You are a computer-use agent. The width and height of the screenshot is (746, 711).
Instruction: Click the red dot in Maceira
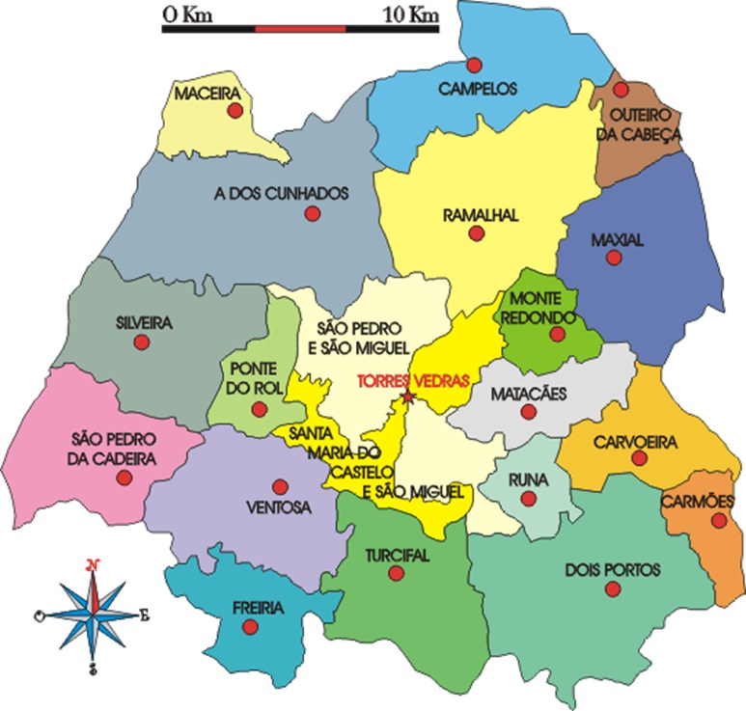click(234, 111)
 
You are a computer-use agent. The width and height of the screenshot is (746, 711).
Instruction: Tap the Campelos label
click(478, 89)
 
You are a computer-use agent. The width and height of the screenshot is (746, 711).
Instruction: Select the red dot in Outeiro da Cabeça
click(622, 90)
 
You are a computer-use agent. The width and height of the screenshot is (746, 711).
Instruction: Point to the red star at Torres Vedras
click(408, 397)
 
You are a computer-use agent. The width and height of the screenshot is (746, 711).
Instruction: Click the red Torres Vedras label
click(412, 380)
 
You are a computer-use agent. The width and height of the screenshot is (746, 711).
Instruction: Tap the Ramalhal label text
click(480, 215)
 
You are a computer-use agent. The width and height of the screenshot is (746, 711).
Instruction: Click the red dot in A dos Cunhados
click(312, 213)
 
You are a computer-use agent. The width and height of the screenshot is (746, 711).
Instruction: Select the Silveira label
click(142, 324)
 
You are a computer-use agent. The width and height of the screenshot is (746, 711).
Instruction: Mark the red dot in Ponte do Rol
click(259, 408)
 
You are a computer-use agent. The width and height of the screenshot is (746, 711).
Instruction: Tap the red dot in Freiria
click(250, 627)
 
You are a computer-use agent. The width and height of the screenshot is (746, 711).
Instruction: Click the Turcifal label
click(397, 556)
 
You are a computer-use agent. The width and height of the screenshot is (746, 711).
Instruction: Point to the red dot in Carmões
click(718, 521)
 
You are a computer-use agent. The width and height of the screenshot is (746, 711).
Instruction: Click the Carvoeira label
click(636, 442)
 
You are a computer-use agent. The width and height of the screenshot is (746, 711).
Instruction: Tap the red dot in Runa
click(528, 499)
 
